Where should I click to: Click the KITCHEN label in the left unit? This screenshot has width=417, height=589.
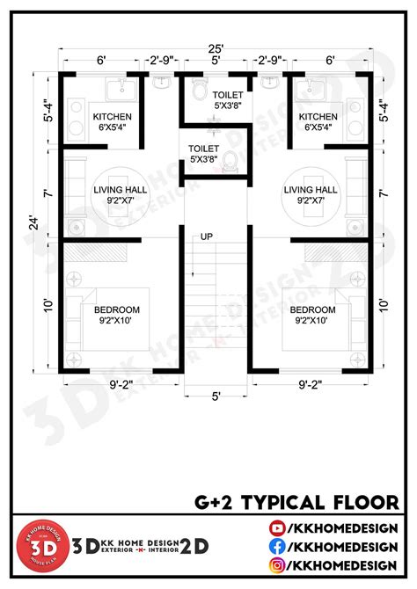113,116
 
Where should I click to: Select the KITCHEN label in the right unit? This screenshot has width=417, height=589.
318,116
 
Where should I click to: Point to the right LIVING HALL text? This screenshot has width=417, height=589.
311,189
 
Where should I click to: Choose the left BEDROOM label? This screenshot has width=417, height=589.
118,310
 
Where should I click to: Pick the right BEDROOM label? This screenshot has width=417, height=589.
312,310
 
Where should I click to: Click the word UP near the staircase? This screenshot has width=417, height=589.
208,236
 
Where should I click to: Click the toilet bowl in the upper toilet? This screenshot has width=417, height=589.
200,92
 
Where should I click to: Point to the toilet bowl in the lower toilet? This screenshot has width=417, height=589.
230,160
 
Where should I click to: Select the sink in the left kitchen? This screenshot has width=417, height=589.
115,88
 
